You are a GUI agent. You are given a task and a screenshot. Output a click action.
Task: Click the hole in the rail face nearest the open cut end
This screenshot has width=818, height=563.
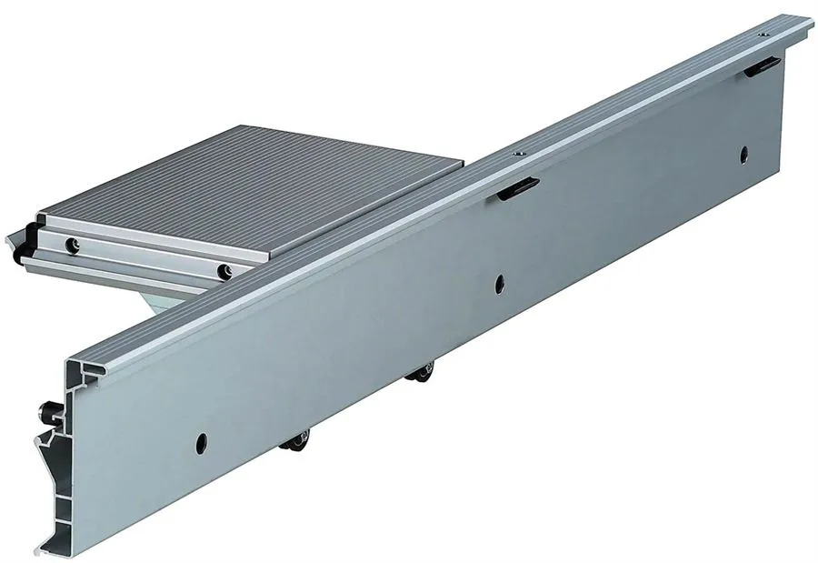point(199,443)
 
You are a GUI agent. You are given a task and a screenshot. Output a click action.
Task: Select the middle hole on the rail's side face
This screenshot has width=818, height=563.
point(499,285)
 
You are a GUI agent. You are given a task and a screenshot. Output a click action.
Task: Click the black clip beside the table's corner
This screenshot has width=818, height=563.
point(516,187)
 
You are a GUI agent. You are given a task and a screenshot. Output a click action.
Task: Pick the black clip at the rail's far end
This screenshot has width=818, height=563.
point(761,65)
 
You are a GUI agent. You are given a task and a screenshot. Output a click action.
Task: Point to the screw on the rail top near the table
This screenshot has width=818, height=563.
point(517,156)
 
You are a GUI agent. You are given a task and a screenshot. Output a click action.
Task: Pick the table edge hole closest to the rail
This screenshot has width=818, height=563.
point(224,270)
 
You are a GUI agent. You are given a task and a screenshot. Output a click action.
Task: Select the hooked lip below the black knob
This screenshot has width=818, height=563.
point(45,450)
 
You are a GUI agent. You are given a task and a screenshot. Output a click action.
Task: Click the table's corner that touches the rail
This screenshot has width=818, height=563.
point(461,166)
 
